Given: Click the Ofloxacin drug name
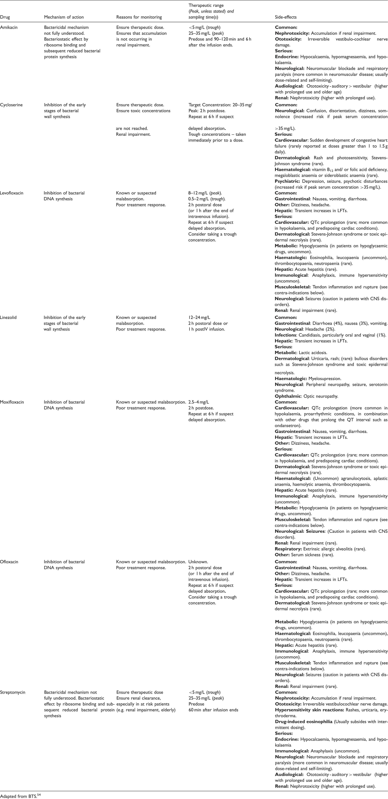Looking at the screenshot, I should [x=9, y=562].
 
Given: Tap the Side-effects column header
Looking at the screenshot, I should [x=286, y=17].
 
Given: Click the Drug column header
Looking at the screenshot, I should [x=5, y=17].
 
